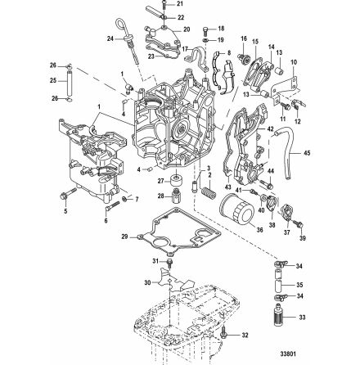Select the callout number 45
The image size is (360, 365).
[x=307, y=152]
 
